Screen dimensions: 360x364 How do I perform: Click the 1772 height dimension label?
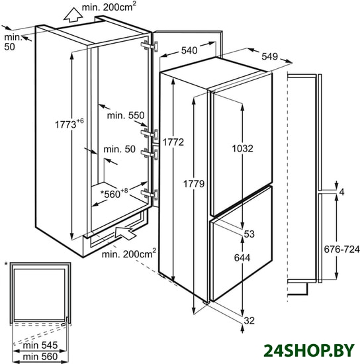(x=173, y=142)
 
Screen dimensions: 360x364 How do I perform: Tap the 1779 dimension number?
(x=194, y=184)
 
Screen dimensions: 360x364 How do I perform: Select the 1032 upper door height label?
(x=243, y=148)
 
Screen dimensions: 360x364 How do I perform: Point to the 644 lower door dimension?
(x=242, y=257)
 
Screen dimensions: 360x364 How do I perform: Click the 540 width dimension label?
(x=189, y=50)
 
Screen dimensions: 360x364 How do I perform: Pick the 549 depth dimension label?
(x=269, y=56)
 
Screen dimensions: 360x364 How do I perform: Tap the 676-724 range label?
(x=341, y=250)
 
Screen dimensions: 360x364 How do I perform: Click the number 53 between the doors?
(x=249, y=234)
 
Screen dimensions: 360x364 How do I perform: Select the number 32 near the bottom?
(x=249, y=320)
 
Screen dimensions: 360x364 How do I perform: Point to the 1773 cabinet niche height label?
(x=69, y=124)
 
